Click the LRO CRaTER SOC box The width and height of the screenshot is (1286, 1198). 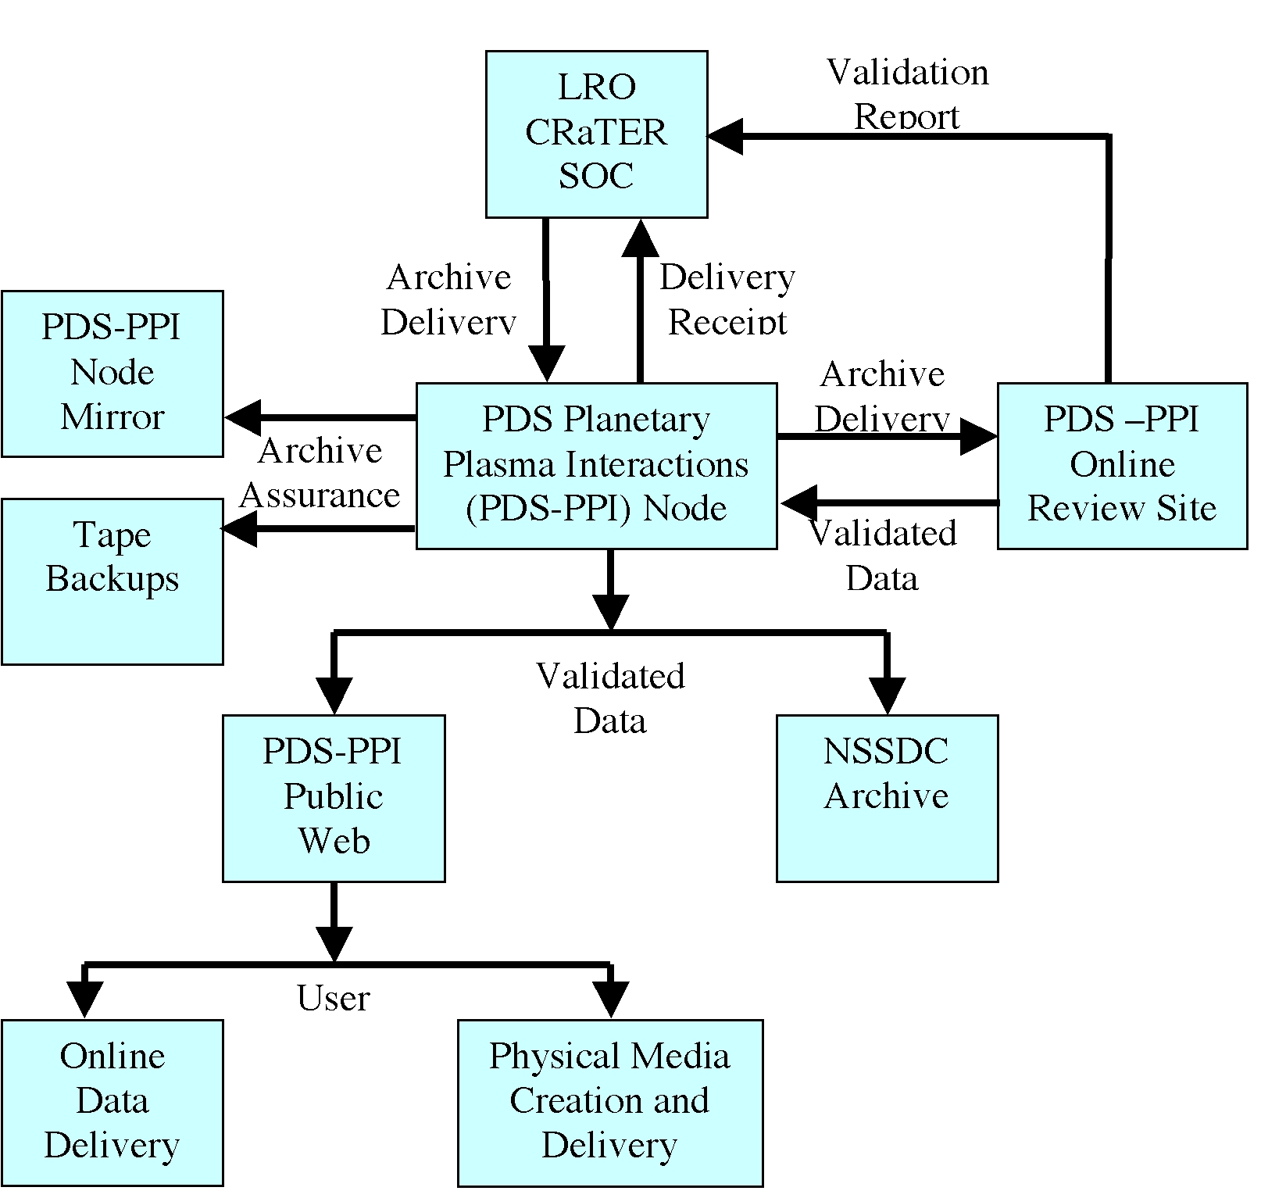[x=596, y=134]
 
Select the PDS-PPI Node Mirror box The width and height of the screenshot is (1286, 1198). [x=113, y=373]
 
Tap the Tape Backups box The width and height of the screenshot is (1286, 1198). [x=113, y=581]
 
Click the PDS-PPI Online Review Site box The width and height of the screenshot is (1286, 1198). [x=1122, y=465]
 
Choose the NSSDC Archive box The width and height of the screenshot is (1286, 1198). [x=887, y=797]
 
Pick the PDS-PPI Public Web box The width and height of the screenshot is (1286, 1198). [x=334, y=797]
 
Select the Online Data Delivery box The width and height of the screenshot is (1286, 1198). [x=113, y=1102]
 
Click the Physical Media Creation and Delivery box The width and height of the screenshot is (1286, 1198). [x=609, y=1102]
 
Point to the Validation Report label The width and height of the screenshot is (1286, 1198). [x=907, y=94]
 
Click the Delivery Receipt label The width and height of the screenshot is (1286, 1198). [x=727, y=299]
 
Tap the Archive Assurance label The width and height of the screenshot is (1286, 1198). [x=320, y=473]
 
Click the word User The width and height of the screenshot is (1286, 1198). [x=334, y=998]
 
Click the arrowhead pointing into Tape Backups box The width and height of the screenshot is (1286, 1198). [x=239, y=529]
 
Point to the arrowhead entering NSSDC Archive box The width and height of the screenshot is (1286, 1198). [x=887, y=696]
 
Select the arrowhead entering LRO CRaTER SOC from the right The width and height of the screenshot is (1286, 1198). [x=725, y=137]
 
